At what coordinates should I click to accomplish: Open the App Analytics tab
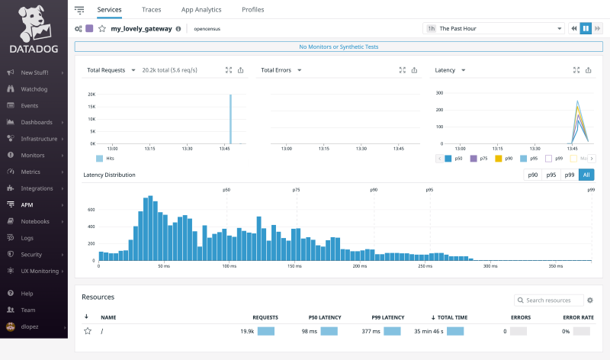point(201,10)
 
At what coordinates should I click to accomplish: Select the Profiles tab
point(252,10)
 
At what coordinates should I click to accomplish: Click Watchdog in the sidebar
point(34,89)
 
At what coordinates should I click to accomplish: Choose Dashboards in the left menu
point(37,122)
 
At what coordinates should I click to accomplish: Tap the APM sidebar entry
point(27,204)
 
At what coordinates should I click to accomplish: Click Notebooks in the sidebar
point(35,221)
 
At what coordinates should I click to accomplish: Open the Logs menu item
point(27,238)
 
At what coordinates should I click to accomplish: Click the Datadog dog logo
point(33,23)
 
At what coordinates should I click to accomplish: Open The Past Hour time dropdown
point(493,28)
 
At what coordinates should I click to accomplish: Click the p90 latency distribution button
point(532,175)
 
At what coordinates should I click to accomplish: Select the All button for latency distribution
point(586,175)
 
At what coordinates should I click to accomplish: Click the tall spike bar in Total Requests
point(230,119)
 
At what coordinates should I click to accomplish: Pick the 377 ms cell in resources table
point(371,331)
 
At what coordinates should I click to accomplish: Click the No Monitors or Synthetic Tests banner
point(338,47)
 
